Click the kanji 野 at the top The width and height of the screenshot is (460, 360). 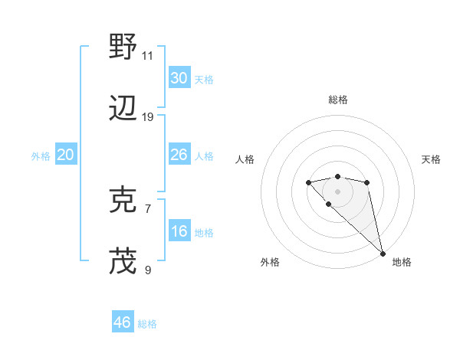click(123, 47)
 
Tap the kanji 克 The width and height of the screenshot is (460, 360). click(123, 200)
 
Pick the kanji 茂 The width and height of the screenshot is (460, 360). click(123, 260)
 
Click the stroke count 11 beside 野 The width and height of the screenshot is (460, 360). click(148, 55)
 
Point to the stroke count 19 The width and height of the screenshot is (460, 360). click(148, 116)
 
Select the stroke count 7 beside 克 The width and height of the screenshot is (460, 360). click(148, 208)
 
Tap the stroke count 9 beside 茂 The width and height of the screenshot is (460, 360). click(148, 269)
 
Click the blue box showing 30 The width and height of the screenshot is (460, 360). click(179, 78)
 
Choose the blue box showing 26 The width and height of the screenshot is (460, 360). click(179, 155)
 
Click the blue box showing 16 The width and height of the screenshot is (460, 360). click(179, 231)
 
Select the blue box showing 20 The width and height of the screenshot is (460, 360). click(65, 155)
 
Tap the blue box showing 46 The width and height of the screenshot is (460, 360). click(123, 322)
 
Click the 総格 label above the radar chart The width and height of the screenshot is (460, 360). click(338, 100)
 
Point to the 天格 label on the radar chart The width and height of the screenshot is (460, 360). click(432, 159)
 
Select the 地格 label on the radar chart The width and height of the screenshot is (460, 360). click(402, 262)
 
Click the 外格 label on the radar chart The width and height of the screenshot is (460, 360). click(270, 262)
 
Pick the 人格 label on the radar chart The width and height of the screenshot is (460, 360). click(245, 159)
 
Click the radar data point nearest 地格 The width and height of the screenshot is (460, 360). click(383, 253)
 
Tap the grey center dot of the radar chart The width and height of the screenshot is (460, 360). click(337, 191)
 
